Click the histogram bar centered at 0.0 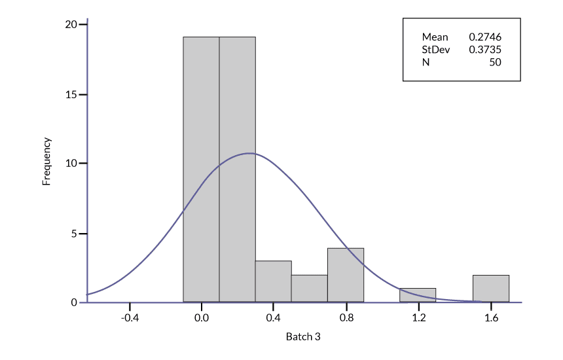pyautogui.click(x=201, y=170)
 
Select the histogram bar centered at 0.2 pyautogui.click(x=237, y=170)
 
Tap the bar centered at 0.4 pyautogui.click(x=273, y=281)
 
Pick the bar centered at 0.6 pyautogui.click(x=309, y=289)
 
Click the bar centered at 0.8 pyautogui.click(x=346, y=275)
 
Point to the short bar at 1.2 pyautogui.click(x=418, y=295)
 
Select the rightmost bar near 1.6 pyautogui.click(x=490, y=289)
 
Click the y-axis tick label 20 pyautogui.click(x=71, y=25)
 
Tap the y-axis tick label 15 pyautogui.click(x=71, y=94)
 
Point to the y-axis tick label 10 pyautogui.click(x=71, y=164)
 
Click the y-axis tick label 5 pyautogui.click(x=74, y=234)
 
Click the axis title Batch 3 pyautogui.click(x=303, y=337)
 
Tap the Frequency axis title pyautogui.click(x=46, y=161)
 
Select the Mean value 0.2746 pyautogui.click(x=485, y=37)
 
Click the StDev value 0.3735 pyautogui.click(x=485, y=49)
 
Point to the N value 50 pyautogui.click(x=495, y=62)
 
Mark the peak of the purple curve pyautogui.click(x=249, y=153)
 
